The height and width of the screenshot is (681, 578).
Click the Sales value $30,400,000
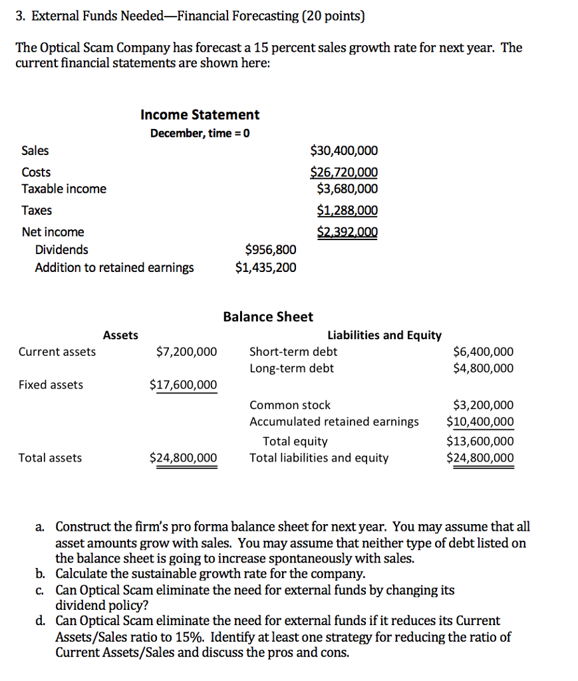point(344,151)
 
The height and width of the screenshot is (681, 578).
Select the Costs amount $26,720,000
point(344,173)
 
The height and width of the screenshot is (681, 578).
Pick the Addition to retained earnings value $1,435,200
point(266,267)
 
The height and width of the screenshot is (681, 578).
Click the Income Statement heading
point(200,114)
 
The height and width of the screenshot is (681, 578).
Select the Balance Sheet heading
point(268,317)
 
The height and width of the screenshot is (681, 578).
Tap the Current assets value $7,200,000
point(186,352)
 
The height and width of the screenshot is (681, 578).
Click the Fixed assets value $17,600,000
point(183,384)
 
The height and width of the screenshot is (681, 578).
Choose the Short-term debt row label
point(293,352)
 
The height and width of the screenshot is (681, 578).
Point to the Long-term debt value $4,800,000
point(483,368)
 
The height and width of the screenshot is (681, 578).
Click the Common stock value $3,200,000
point(483,405)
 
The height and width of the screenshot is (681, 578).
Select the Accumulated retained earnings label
point(334,422)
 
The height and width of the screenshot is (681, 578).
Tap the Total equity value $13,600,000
point(480,441)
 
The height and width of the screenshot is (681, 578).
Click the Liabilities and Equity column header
point(384,335)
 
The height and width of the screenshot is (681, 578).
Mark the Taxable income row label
point(64,189)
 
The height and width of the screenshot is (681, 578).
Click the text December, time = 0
point(200,133)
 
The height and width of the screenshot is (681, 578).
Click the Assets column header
point(120,335)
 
